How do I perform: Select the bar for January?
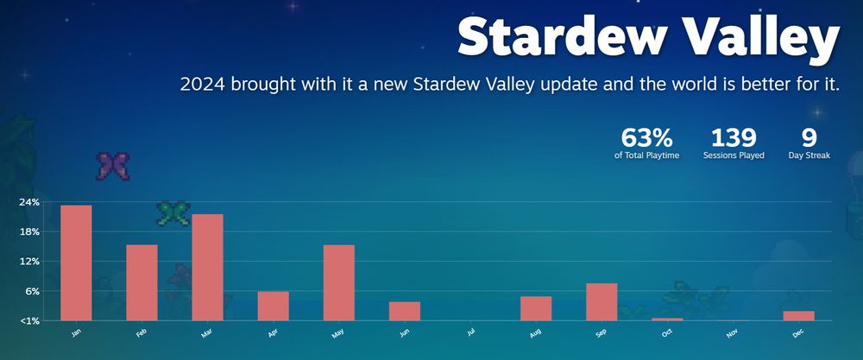(76, 262)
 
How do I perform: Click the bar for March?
(207, 267)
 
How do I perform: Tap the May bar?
(339, 282)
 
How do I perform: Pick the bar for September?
(602, 301)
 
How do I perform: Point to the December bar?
(798, 315)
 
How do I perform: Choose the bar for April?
(273, 306)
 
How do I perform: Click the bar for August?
(536, 308)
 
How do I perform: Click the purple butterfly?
(113, 167)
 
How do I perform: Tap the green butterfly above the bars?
(173, 213)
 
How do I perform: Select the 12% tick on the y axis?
(28, 262)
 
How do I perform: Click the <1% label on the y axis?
(28, 320)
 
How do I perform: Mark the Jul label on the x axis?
(470, 332)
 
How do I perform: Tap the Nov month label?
(732, 333)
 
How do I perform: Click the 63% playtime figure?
(646, 137)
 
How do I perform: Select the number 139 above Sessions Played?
(734, 137)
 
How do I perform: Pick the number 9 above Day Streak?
(809, 137)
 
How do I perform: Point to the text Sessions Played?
(734, 155)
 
